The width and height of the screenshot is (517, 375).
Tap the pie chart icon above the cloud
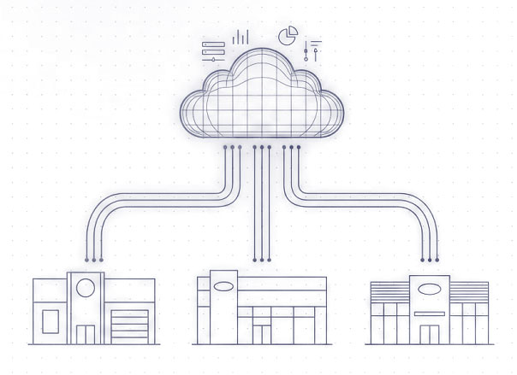tap(288, 36)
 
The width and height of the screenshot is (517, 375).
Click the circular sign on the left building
tap(86, 288)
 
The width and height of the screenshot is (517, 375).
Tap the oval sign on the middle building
tap(226, 286)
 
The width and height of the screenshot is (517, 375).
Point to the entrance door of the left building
tap(86, 334)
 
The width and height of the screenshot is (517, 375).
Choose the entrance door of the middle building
tap(260, 328)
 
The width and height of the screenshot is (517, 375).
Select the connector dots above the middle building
tap(262, 257)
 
